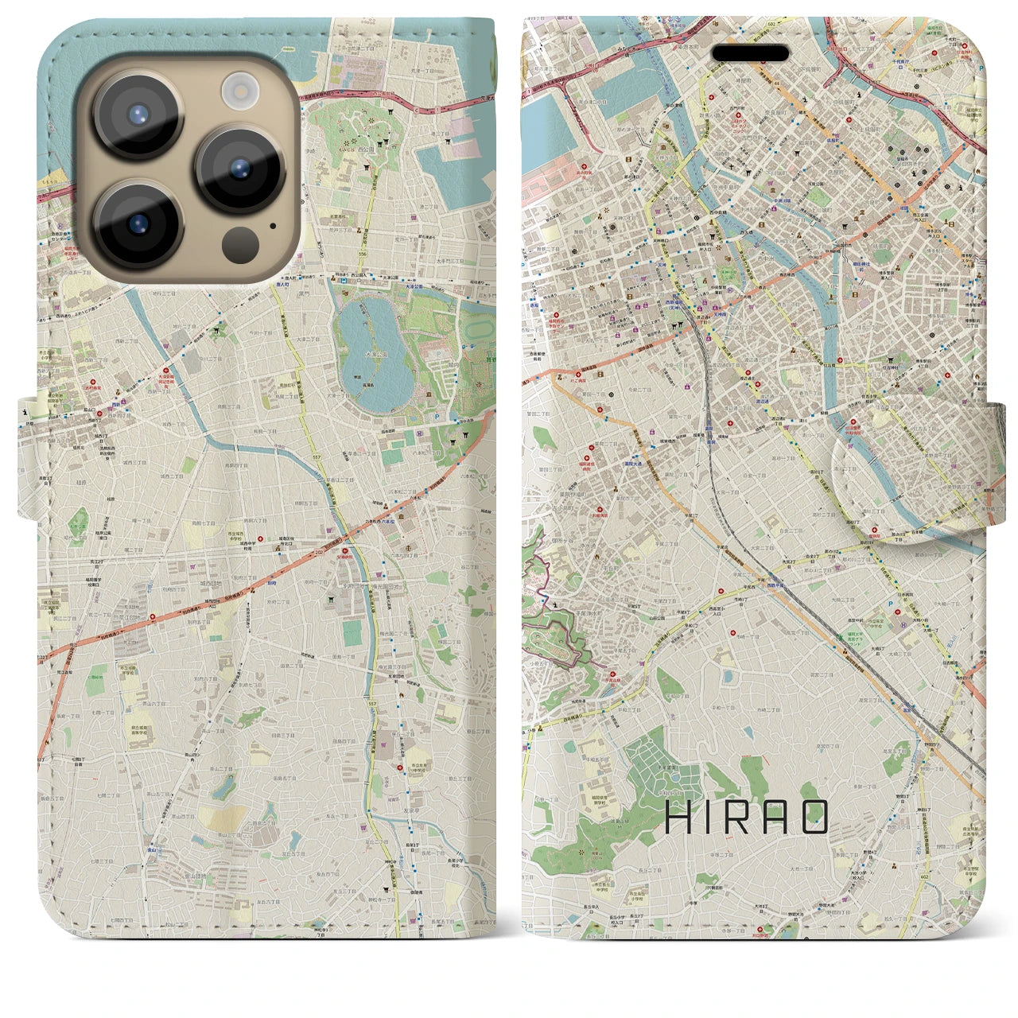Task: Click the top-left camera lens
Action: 139,115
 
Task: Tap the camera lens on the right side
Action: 239,169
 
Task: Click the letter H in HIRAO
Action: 678,817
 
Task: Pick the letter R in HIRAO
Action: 744,817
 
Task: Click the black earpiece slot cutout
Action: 750,53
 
